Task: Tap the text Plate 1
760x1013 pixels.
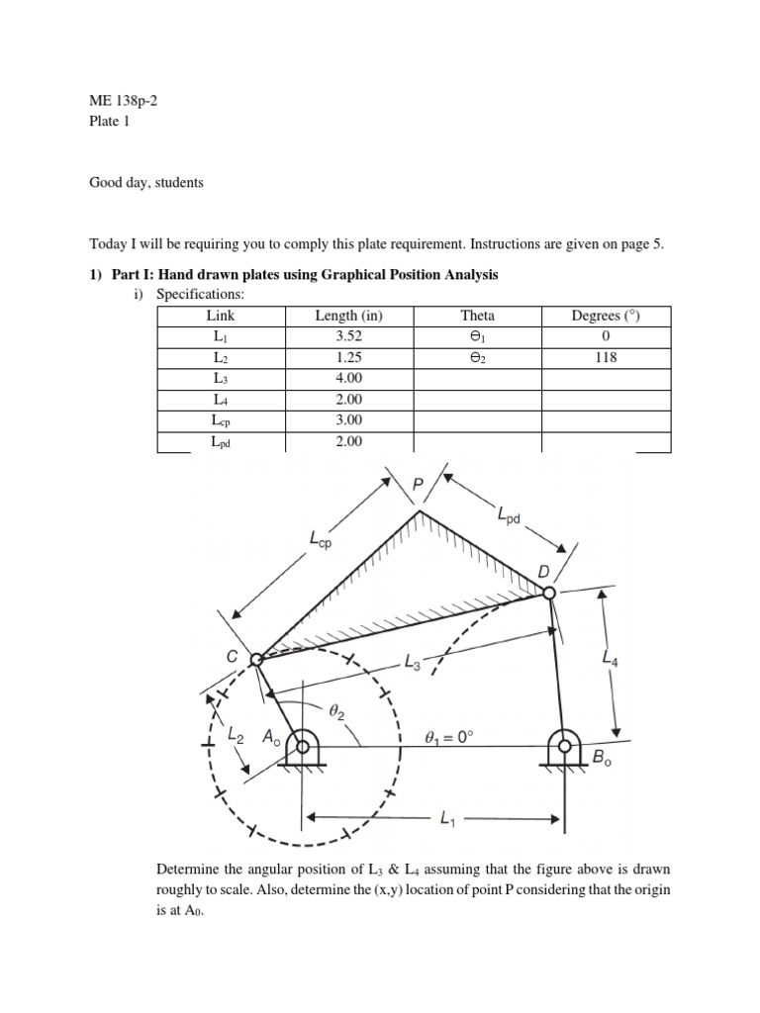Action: click(x=109, y=122)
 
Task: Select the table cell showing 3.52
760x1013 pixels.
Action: click(x=349, y=336)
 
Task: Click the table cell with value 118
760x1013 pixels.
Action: click(x=607, y=357)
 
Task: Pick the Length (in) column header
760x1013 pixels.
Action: click(x=349, y=316)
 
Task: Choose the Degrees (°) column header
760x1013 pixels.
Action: click(x=607, y=316)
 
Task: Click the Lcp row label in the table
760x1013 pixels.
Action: click(x=221, y=420)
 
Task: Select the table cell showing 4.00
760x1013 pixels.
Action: click(x=349, y=378)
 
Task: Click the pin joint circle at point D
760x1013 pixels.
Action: click(x=550, y=593)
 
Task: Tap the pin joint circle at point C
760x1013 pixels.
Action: click(x=255, y=659)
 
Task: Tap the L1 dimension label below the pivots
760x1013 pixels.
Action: click(x=448, y=819)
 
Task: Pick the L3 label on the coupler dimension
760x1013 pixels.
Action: click(x=415, y=664)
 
